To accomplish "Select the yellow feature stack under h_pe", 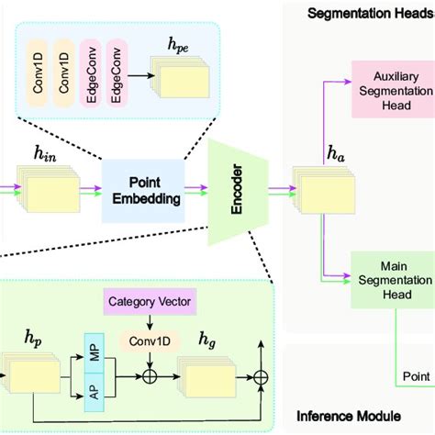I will (179, 82).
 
